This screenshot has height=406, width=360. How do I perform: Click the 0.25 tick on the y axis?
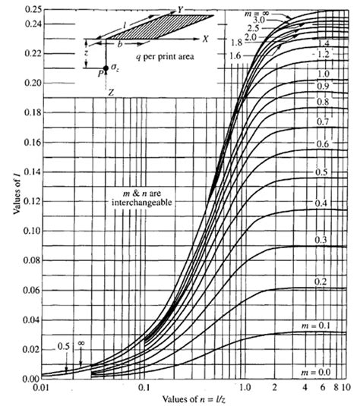pyautogui.click(x=23, y=8)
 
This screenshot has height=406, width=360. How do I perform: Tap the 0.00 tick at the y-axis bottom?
pyautogui.click(x=23, y=378)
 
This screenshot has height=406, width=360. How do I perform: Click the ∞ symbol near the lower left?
pyautogui.click(x=81, y=342)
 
